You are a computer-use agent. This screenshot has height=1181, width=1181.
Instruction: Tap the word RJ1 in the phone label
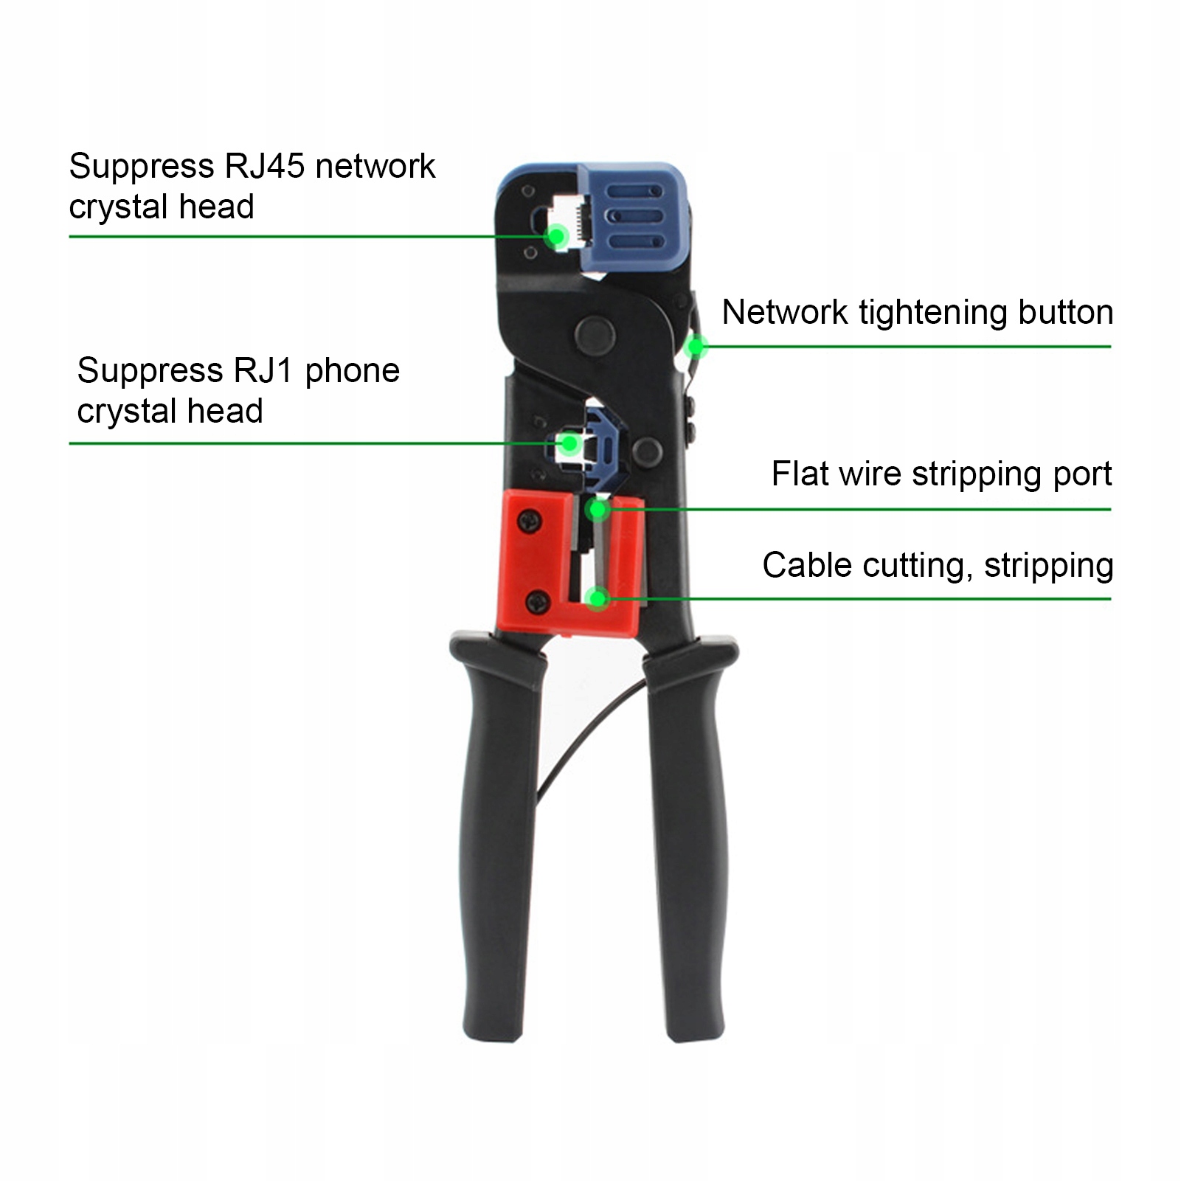[x=263, y=370]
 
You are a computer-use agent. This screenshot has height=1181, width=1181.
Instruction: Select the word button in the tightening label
[x=1065, y=312]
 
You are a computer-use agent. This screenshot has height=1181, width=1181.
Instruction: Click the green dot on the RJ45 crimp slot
[x=556, y=236]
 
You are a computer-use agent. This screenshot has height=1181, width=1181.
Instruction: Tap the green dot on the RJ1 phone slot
[x=569, y=443]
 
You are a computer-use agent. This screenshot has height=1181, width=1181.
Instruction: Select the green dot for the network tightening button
[x=696, y=346]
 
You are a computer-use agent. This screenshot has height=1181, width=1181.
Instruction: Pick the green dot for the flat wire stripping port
[x=598, y=509]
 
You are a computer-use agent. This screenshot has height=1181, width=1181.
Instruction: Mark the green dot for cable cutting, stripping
[x=597, y=598]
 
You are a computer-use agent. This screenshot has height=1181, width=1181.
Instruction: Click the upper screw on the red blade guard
[x=530, y=521]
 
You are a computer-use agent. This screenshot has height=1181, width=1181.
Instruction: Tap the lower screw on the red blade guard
[x=538, y=602]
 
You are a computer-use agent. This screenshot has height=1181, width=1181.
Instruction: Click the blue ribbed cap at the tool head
[x=634, y=218]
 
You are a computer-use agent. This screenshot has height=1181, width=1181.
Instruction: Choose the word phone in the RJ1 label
[x=352, y=371]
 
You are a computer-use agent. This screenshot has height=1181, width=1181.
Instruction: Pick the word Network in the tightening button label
[x=784, y=312]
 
